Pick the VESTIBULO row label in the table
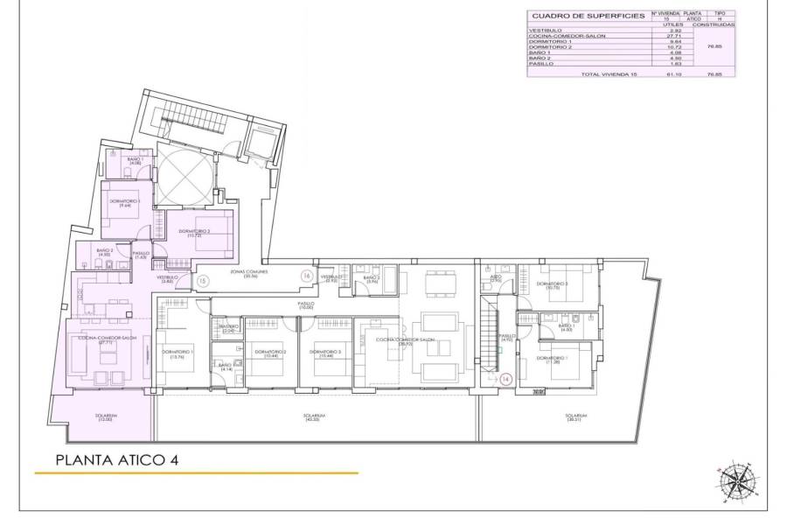(545, 31)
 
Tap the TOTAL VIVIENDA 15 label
(609, 74)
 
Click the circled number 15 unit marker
(202, 282)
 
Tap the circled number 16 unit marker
(306, 276)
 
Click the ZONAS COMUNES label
(249, 273)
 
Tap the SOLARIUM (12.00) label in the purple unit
(106, 417)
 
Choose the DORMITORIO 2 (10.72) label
(195, 234)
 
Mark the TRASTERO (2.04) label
(230, 329)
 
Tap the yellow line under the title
(196, 473)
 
